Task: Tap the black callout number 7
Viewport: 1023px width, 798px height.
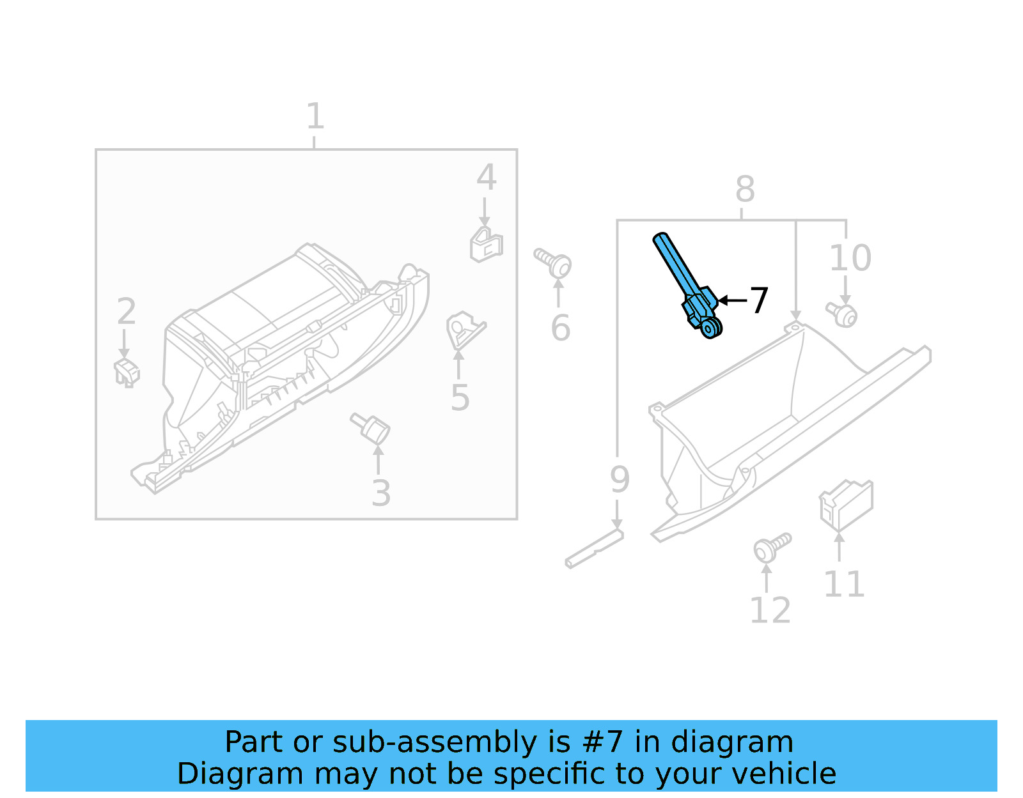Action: tap(758, 301)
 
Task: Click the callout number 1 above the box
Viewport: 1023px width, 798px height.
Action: tap(315, 117)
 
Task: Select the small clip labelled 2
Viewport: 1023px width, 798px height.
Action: tap(127, 372)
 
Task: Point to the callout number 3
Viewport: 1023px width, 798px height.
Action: tap(381, 493)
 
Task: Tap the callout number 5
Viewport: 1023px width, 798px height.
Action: tap(460, 398)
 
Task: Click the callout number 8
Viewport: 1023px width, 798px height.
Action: tap(745, 189)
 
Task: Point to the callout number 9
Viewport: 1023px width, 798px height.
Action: tap(619, 479)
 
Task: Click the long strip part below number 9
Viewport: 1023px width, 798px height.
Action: tap(594, 549)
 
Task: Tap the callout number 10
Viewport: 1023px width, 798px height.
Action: tap(850, 258)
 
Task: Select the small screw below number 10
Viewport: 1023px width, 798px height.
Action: tap(842, 314)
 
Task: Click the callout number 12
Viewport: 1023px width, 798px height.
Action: tap(770, 611)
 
